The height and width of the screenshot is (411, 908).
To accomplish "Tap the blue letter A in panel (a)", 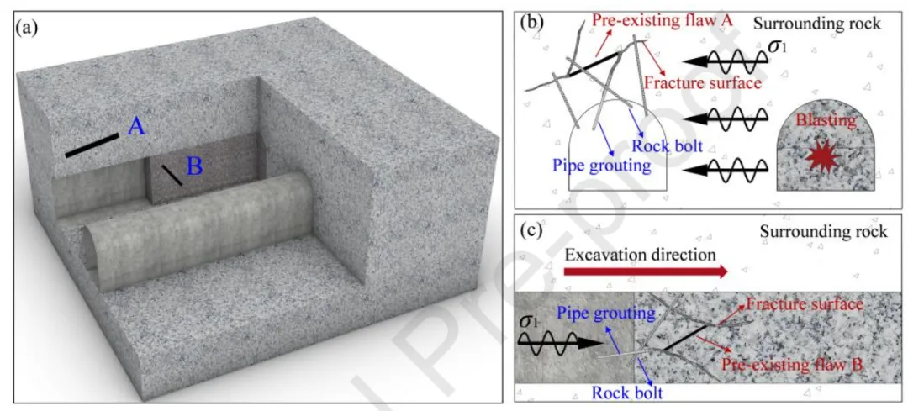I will coord(137,127).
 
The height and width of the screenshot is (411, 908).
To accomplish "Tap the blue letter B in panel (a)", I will coord(193,166).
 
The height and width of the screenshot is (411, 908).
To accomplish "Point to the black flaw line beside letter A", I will coord(92,145).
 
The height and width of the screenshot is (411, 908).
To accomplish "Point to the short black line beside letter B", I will coord(172,175).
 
